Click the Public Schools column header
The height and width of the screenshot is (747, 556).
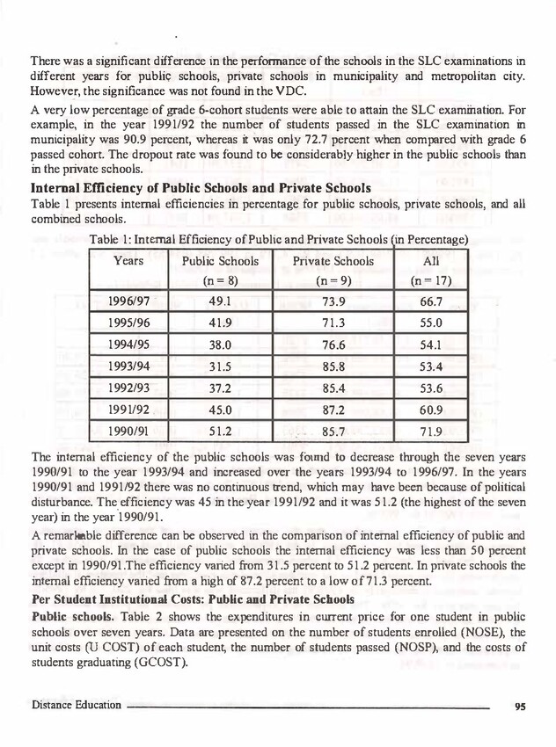click(x=220, y=261)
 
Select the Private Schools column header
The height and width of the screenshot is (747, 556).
click(x=333, y=261)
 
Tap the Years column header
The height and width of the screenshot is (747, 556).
click(x=128, y=261)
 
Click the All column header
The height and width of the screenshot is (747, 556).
click(x=431, y=261)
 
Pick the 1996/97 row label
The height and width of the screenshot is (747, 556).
click(x=128, y=301)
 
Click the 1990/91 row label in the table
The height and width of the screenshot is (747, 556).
click(x=128, y=432)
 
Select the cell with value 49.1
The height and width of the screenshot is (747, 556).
click(x=219, y=301)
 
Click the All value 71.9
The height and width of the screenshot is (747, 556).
click(x=431, y=432)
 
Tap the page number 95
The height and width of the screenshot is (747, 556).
click(x=519, y=706)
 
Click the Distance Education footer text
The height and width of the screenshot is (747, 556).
click(x=74, y=705)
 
